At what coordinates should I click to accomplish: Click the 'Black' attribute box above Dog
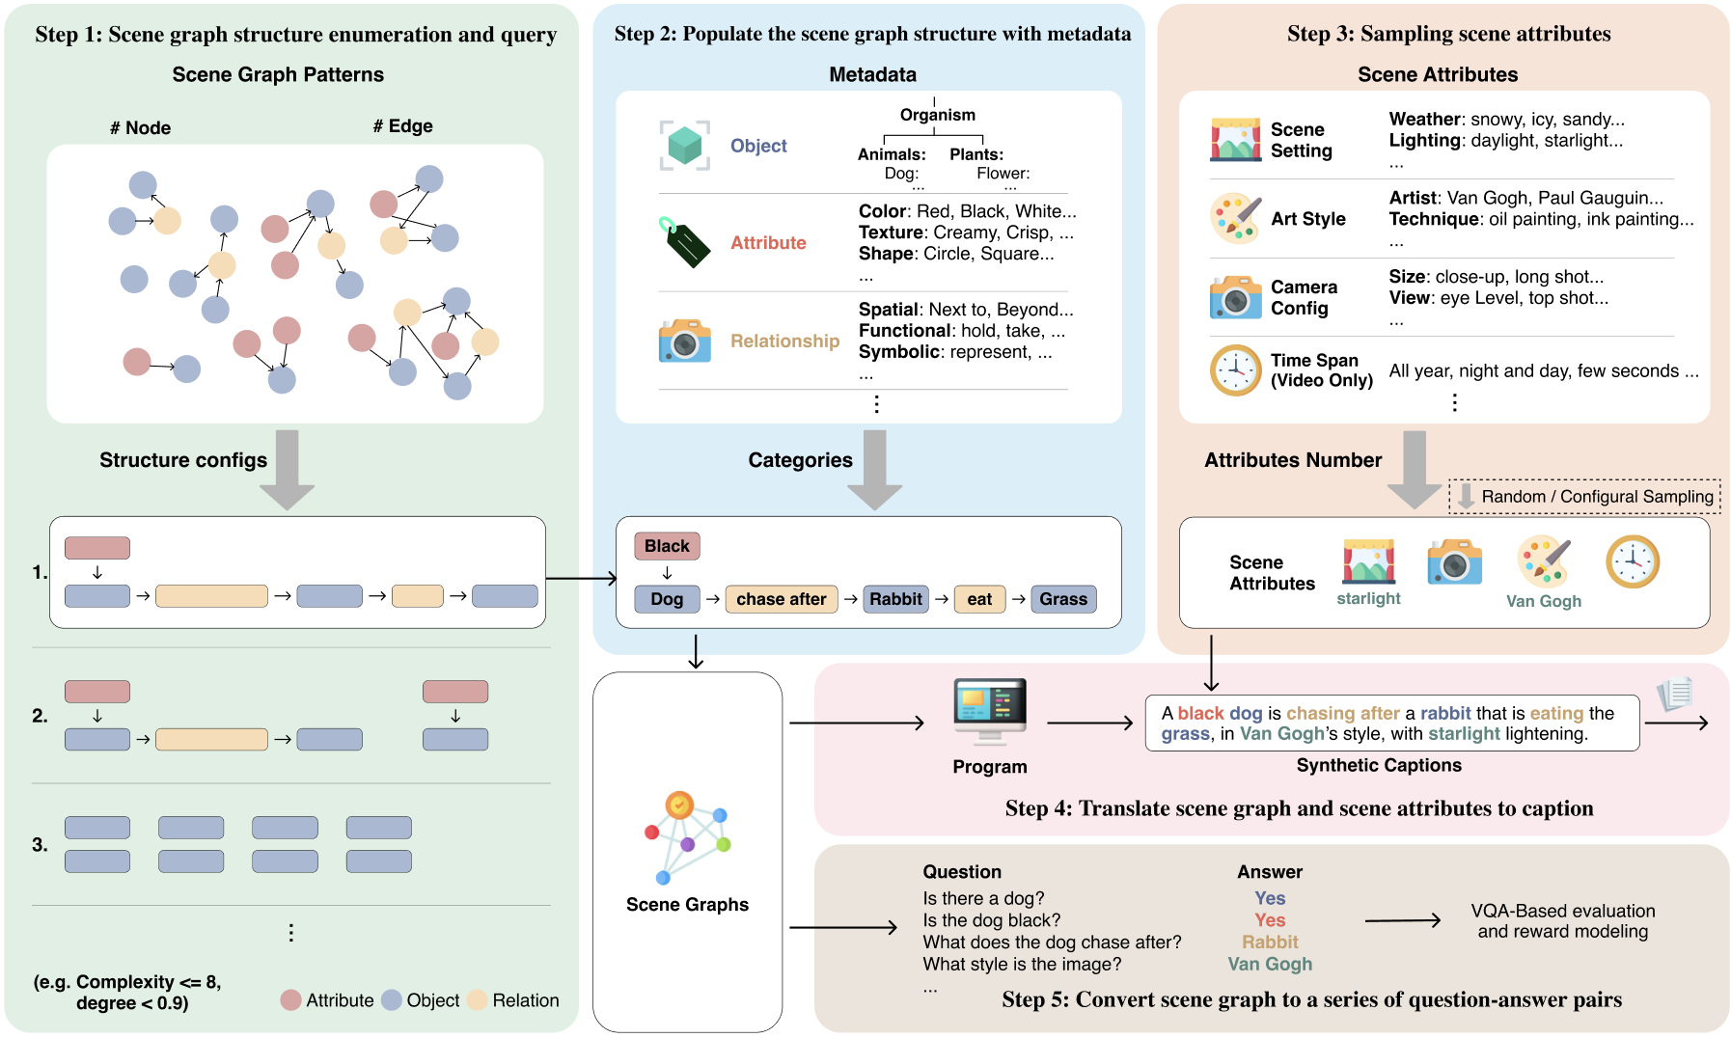[x=667, y=546]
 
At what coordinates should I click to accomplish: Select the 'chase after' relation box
[x=781, y=599]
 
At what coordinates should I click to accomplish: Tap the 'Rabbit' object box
[x=895, y=599]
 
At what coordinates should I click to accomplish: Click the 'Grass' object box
[x=1063, y=599]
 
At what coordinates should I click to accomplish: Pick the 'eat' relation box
[x=979, y=599]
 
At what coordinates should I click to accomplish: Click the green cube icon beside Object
[x=685, y=146]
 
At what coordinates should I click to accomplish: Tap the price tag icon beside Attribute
[x=685, y=242]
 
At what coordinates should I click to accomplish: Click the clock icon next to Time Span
[x=1236, y=370]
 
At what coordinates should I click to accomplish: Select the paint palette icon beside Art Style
[x=1236, y=219]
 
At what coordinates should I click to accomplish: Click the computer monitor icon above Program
[x=990, y=709]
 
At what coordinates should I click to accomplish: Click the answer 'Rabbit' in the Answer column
[x=1270, y=942]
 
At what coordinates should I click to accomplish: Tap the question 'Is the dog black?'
[x=991, y=920]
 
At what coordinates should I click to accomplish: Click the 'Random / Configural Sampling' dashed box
[x=1584, y=497]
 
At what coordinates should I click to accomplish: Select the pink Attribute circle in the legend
[x=291, y=1000]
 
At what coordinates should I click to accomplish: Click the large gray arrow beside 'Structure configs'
[x=288, y=469]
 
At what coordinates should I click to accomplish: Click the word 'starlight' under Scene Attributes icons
[x=1368, y=598]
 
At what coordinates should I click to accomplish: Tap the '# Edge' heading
[x=402, y=126]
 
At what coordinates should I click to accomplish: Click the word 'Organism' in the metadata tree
[x=937, y=115]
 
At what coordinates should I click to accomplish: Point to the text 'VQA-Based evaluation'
[x=1562, y=911]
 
